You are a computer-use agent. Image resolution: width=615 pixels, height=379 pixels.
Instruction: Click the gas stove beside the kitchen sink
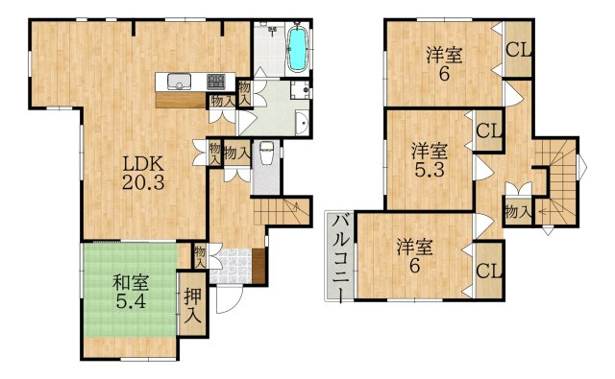coord(215,81)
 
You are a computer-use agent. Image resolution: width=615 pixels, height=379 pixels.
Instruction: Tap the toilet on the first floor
coord(268,153)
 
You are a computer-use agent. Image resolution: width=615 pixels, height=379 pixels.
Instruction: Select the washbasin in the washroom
coord(301,123)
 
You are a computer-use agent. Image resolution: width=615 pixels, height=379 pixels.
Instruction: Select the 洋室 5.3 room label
coord(430,159)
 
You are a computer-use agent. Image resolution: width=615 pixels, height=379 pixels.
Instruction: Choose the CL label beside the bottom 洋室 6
coord(489,270)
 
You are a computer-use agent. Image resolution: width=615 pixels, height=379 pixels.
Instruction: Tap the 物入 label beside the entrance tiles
coord(200,255)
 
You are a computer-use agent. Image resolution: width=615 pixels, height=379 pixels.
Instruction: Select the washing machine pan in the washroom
coord(299,92)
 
